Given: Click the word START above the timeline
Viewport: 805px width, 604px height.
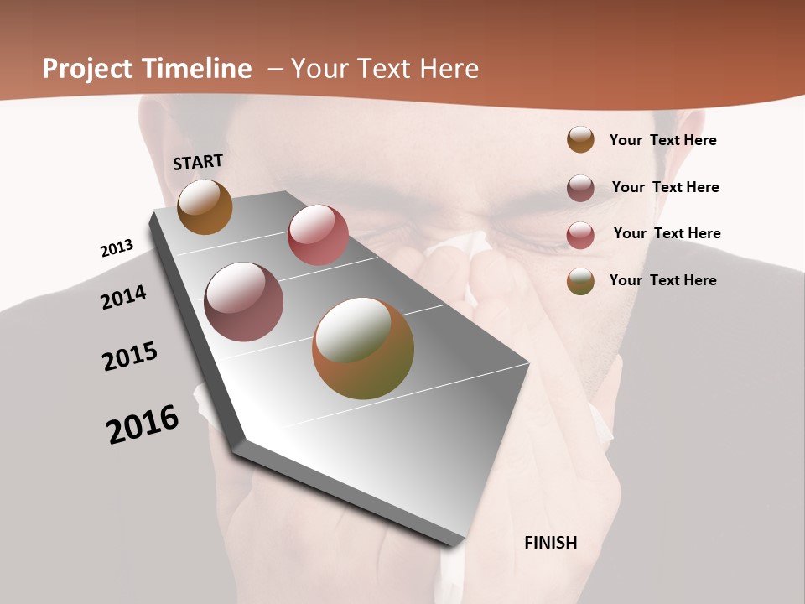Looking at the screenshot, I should pyautogui.click(x=198, y=162).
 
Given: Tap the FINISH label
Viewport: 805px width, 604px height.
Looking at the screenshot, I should pyautogui.click(x=550, y=543).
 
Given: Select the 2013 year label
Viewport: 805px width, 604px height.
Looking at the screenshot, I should pyautogui.click(x=117, y=248).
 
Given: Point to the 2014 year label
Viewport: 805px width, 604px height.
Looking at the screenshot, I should pyautogui.click(x=123, y=297).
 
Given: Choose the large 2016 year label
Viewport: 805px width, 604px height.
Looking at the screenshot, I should pyautogui.click(x=143, y=424).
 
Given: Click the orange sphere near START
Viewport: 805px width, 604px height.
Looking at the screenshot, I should pyautogui.click(x=205, y=206).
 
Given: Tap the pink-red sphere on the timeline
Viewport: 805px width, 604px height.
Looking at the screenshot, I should pyautogui.click(x=318, y=235).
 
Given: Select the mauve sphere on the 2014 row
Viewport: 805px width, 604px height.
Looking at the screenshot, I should pyautogui.click(x=243, y=302).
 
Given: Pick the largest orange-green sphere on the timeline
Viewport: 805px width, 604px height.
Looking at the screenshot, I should pyautogui.click(x=363, y=348).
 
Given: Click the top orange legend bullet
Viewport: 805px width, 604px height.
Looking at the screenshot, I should pyautogui.click(x=580, y=140).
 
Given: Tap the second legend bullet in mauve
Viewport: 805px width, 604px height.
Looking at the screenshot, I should pyautogui.click(x=580, y=188).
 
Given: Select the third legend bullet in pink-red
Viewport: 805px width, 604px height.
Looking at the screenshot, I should pyautogui.click(x=580, y=235).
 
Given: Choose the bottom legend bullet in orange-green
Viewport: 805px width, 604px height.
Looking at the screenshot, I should pyautogui.click(x=580, y=281).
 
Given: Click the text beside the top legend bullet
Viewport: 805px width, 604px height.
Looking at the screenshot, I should pyautogui.click(x=662, y=140).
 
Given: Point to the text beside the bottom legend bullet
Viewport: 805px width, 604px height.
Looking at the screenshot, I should pyautogui.click(x=662, y=280).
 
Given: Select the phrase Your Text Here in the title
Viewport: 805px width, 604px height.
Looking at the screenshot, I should pyautogui.click(x=385, y=69).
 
